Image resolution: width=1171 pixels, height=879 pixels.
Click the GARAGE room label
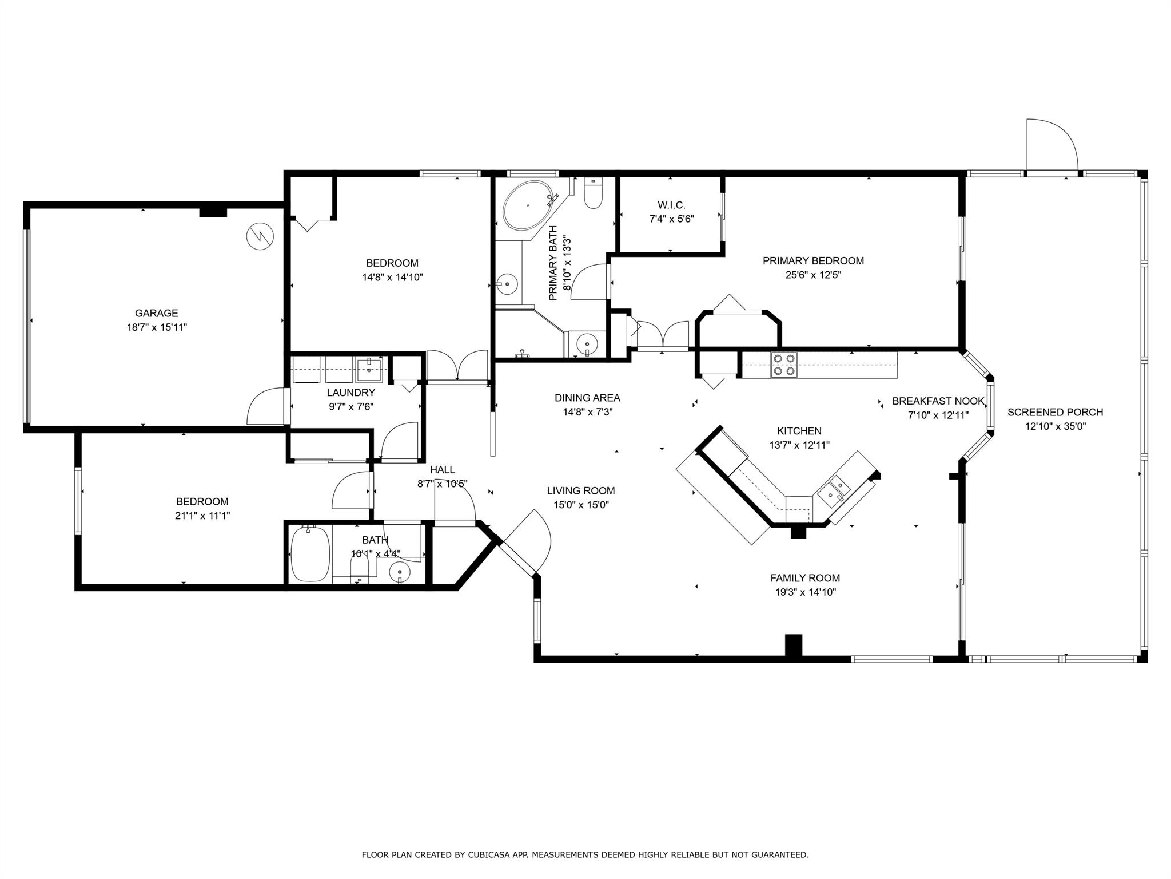point(156,313)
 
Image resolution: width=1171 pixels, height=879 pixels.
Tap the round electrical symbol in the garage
point(260,236)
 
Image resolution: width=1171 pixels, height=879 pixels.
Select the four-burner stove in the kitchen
point(784,364)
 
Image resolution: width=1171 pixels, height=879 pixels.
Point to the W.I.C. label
point(671,205)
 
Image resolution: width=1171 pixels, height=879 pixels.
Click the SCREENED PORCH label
point(1055,412)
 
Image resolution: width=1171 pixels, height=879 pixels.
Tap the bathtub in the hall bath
point(310,554)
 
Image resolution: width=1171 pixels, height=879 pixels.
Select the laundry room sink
point(369,369)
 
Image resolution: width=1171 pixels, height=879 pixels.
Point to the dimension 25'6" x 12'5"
point(813,275)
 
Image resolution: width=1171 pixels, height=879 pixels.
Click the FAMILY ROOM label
point(805,578)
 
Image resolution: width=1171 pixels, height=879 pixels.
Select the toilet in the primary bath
point(593,193)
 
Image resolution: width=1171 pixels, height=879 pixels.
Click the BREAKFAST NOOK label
point(938,401)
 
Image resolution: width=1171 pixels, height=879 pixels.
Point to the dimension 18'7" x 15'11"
point(156,327)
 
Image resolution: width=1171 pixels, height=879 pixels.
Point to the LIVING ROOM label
point(581,490)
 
